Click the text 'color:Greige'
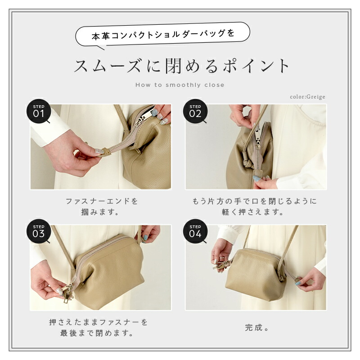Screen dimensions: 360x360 coord(307,97)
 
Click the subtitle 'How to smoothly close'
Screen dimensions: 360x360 coord(180,85)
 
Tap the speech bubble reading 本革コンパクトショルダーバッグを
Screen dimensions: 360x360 coord(163,34)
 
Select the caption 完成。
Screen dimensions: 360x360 coord(257,328)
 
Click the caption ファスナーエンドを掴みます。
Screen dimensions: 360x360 coord(102,206)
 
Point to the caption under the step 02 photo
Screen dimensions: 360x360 coord(257,206)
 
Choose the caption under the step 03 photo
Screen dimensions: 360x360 coord(98,328)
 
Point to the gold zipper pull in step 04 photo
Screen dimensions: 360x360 coord(222,264)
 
